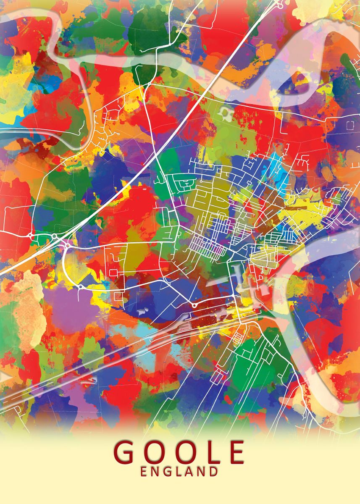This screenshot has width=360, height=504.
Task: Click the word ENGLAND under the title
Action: point(180,472)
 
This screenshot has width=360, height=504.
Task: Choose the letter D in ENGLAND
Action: point(213,472)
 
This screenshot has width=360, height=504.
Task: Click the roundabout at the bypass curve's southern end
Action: point(80,287)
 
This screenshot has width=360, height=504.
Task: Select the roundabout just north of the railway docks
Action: point(194,305)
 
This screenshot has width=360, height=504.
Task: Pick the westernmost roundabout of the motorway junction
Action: point(31,235)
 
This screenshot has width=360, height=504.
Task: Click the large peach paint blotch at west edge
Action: point(25,307)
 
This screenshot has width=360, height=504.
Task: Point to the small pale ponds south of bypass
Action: point(142,310)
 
